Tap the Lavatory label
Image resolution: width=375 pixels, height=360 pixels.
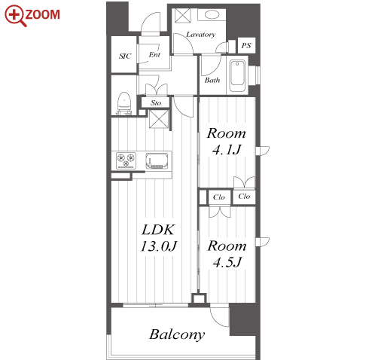coord(201,35)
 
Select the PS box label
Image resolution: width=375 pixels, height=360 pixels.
coord(246,45)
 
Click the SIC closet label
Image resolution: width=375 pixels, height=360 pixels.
coord(125,56)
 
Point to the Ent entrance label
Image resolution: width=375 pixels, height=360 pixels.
coord(154,54)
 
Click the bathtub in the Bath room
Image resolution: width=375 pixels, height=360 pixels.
coord(237,75)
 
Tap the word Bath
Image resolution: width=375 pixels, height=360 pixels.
coord(212,80)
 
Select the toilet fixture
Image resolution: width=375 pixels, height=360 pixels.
coord(124,103)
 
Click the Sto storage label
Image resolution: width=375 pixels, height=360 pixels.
coord(156,102)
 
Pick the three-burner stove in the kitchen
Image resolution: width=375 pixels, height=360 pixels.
coord(126,160)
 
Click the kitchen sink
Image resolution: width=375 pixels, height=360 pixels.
coord(157,160)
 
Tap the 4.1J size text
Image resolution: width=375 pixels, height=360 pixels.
coord(227,150)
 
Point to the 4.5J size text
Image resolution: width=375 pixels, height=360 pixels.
coord(227,262)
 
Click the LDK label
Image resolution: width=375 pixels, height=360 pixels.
coord(158,230)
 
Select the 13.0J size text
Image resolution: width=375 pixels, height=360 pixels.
coord(159,246)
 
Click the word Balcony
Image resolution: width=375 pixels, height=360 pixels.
coord(177,334)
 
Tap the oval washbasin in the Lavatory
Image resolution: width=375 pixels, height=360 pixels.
coord(212,15)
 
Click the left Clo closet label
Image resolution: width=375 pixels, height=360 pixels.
coord(218,197)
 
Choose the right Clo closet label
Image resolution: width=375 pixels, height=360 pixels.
coord(244,196)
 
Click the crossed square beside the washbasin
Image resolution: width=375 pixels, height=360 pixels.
coord(183,16)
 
